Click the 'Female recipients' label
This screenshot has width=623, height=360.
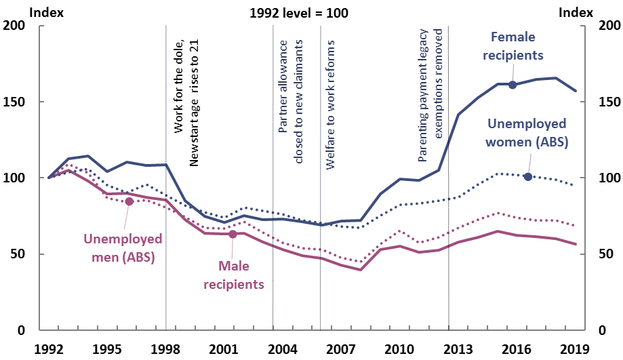(513, 45)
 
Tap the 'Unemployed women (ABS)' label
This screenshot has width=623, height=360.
(527, 134)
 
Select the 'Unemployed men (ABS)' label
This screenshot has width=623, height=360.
(123, 248)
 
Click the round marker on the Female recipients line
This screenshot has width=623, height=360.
(513, 85)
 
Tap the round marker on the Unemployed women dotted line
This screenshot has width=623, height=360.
(528, 176)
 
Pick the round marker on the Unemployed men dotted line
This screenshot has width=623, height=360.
(129, 201)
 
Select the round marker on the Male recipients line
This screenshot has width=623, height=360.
(233, 234)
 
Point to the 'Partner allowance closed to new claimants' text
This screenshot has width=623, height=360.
(291, 102)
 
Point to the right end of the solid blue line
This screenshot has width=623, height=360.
(576, 91)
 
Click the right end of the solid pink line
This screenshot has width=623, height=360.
(576, 244)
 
